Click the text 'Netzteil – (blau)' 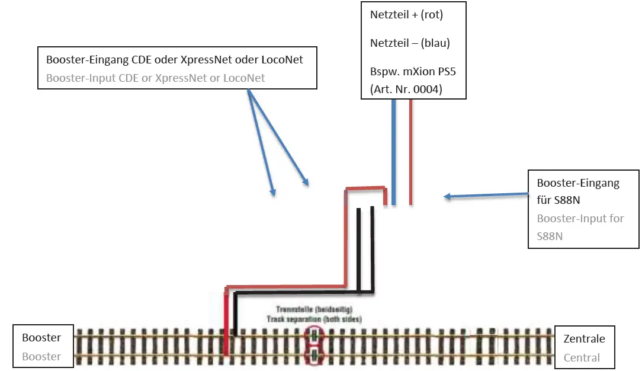pyautogui.click(x=410, y=43)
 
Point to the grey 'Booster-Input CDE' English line pyautogui.click(x=155, y=78)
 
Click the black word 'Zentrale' pyautogui.click(x=584, y=339)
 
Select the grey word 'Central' pyautogui.click(x=582, y=357)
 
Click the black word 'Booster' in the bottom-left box pyautogui.click(x=41, y=338)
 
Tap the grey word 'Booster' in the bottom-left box pyautogui.click(x=41, y=356)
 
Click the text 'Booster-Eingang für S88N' pyautogui.click(x=577, y=191)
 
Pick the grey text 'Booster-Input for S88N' pyautogui.click(x=580, y=226)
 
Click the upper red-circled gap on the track pyautogui.click(x=314, y=336)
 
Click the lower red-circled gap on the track pyautogui.click(x=314, y=355)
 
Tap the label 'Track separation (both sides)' pyautogui.click(x=319, y=319)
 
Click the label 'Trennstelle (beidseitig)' pyautogui.click(x=314, y=310)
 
